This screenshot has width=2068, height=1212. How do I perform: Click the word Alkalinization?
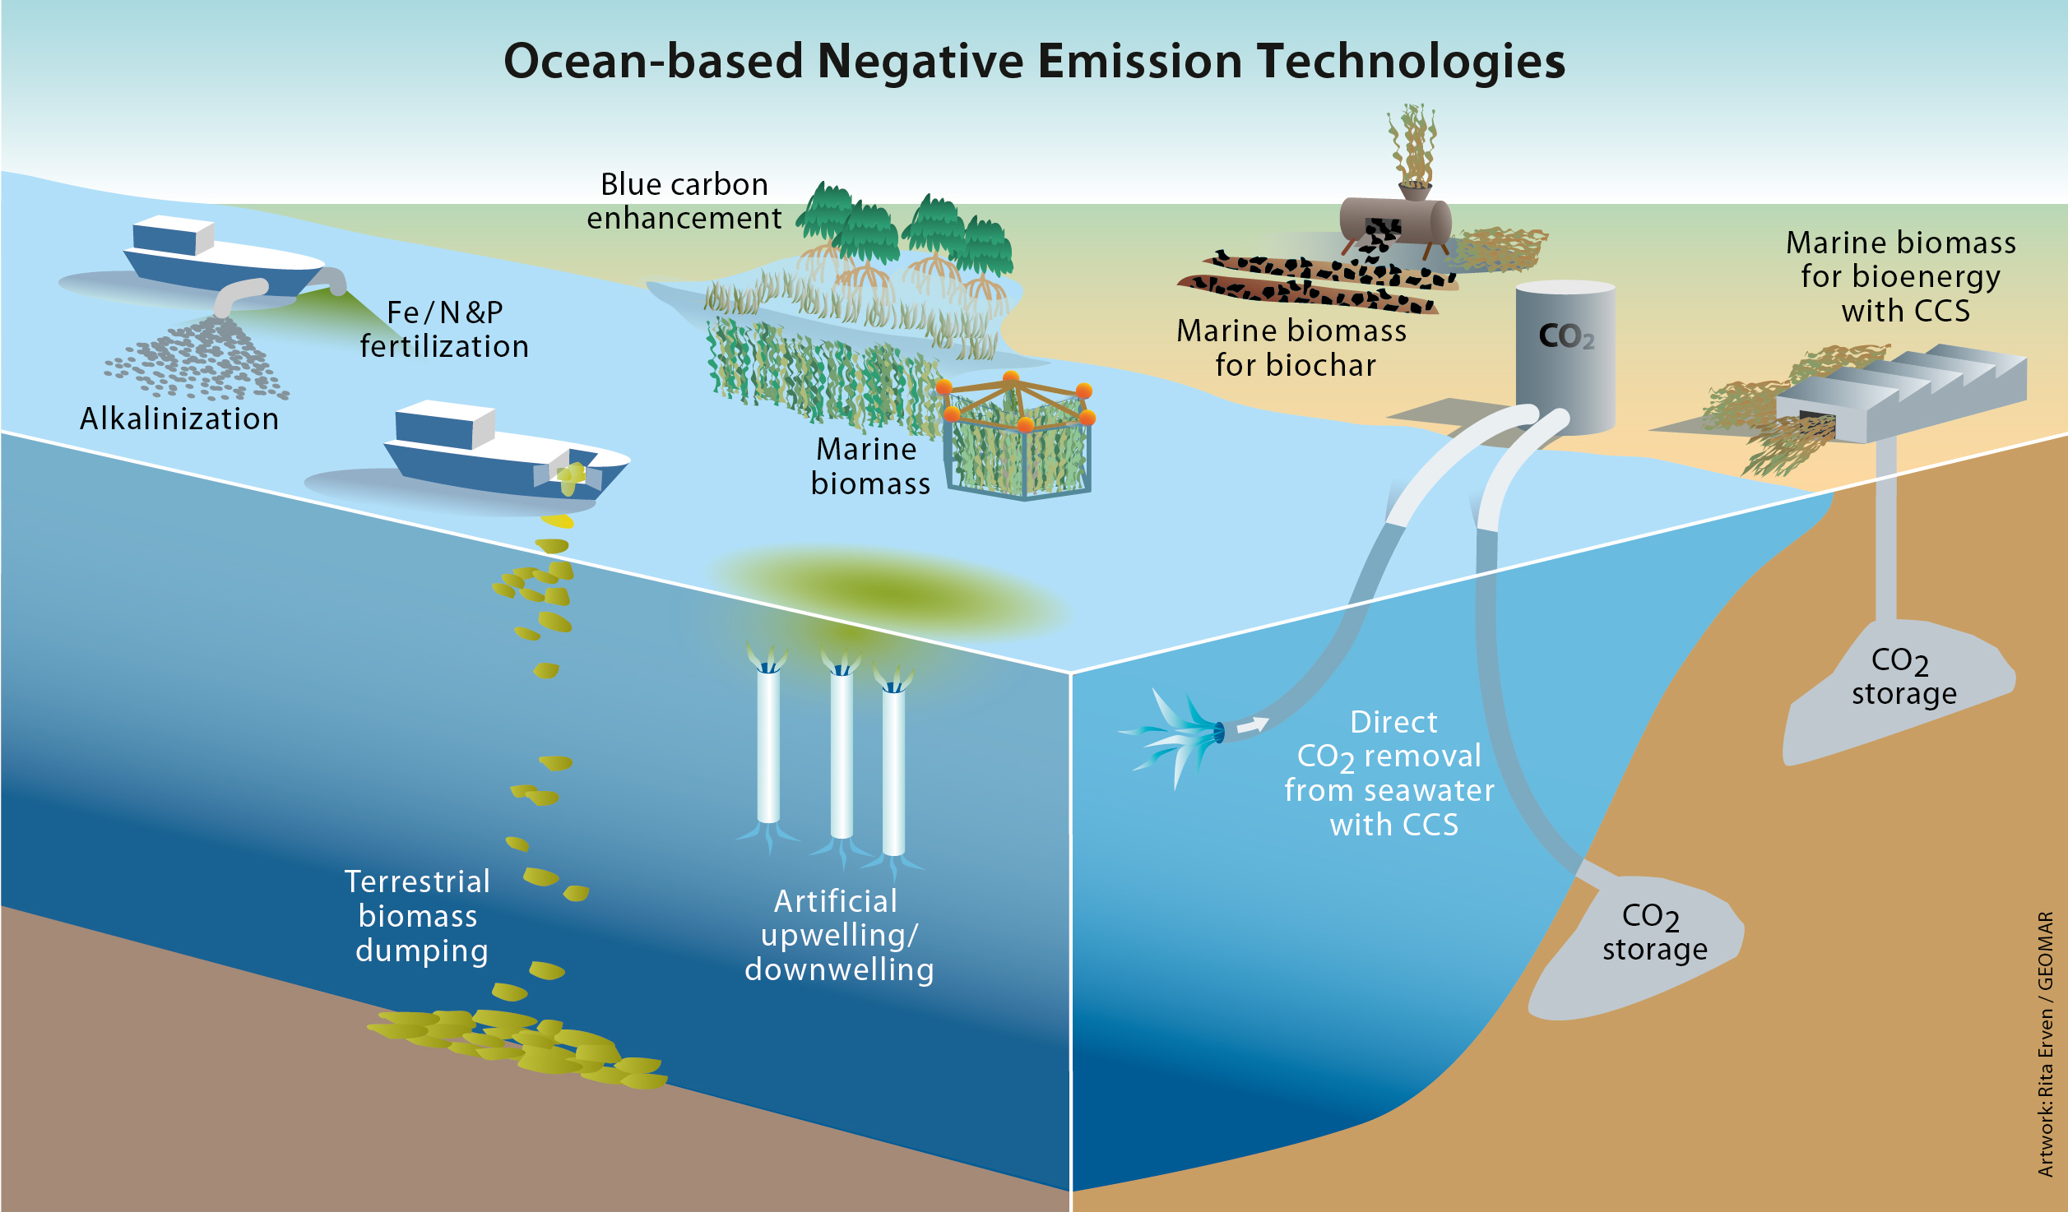click(x=179, y=419)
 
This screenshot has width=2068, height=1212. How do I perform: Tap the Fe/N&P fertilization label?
click(x=444, y=330)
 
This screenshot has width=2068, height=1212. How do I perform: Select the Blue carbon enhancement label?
click(x=684, y=201)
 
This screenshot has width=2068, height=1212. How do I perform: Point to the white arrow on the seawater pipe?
click(x=1253, y=724)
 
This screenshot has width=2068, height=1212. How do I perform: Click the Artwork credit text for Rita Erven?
click(x=2045, y=1044)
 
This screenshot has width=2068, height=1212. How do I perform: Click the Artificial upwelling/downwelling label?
click(x=839, y=936)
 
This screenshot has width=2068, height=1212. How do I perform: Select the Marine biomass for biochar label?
click(x=1292, y=348)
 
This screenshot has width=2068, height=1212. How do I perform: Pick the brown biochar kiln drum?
click(x=1395, y=220)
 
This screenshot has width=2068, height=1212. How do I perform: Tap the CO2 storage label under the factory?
click(x=1903, y=678)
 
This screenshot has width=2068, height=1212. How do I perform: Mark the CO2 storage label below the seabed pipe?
click(x=1654, y=933)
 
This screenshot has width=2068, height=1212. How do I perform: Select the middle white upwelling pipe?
click(x=841, y=752)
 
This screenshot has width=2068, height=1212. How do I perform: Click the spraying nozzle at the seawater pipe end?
click(x=1217, y=731)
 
